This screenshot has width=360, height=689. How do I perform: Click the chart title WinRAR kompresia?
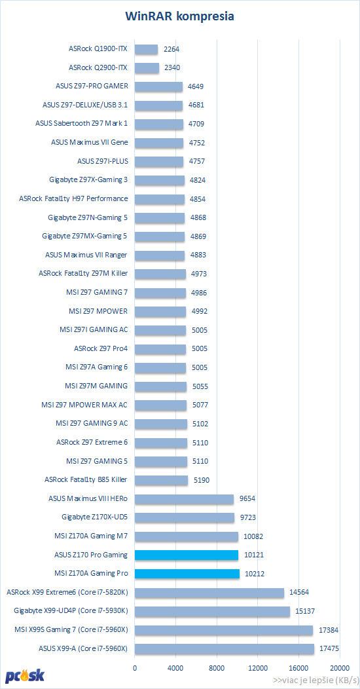click(x=179, y=16)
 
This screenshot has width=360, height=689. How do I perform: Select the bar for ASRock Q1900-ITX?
click(x=146, y=49)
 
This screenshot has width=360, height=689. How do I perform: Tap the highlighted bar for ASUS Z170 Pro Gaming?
click(x=187, y=555)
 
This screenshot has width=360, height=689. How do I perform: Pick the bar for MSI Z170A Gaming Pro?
click(x=187, y=574)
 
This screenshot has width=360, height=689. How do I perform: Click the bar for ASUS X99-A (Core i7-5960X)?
click(x=225, y=649)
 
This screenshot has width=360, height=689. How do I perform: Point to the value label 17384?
click(x=329, y=631)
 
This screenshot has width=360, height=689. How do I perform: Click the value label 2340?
click(x=171, y=67)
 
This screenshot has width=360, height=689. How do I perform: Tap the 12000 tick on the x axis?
click(x=257, y=667)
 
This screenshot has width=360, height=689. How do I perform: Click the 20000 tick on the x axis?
click(x=339, y=667)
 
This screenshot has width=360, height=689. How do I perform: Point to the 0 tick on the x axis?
click(x=135, y=667)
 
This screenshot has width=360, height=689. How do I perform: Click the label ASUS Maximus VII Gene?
click(x=90, y=142)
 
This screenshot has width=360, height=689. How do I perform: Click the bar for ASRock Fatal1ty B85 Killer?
click(x=161, y=480)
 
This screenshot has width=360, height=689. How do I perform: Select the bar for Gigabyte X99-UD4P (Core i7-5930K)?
click(x=213, y=611)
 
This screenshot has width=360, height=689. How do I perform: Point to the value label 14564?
click(x=299, y=593)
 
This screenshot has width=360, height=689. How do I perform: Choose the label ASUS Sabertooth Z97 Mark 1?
click(x=82, y=124)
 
